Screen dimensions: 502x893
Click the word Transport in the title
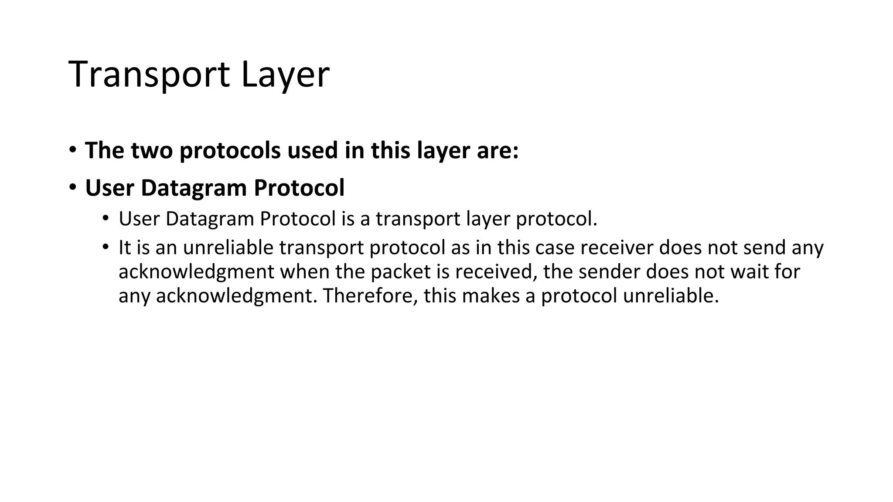[149, 75]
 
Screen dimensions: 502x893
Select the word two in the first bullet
[152, 150]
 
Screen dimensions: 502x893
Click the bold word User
[109, 188]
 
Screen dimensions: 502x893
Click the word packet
[401, 272]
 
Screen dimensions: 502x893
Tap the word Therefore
[370, 296]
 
